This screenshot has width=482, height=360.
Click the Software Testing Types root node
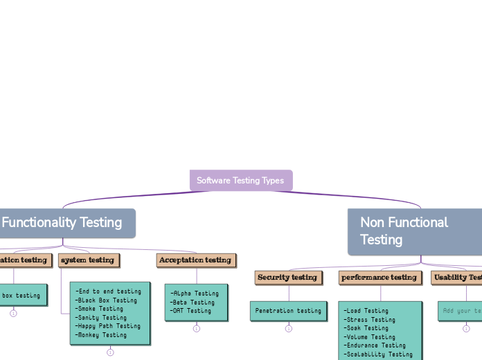tap(241, 181)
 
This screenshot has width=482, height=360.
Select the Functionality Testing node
tap(62, 223)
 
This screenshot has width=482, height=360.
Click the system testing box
tap(88, 260)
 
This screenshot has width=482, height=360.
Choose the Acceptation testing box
tap(195, 260)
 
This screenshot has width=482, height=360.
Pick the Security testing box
tap(287, 278)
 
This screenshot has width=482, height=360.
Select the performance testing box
tap(380, 278)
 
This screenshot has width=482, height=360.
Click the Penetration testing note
tap(288, 311)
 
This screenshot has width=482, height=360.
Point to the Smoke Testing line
tap(101, 309)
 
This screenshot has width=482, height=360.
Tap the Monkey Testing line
tap(102, 335)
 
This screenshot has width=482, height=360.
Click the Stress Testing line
tap(371, 320)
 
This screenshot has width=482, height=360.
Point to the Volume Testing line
tap(371, 337)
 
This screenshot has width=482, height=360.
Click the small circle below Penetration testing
tap(288, 329)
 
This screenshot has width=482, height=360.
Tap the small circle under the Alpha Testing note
tap(196, 329)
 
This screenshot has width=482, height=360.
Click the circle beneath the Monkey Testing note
tap(110, 352)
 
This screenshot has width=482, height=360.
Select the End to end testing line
tap(109, 291)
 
